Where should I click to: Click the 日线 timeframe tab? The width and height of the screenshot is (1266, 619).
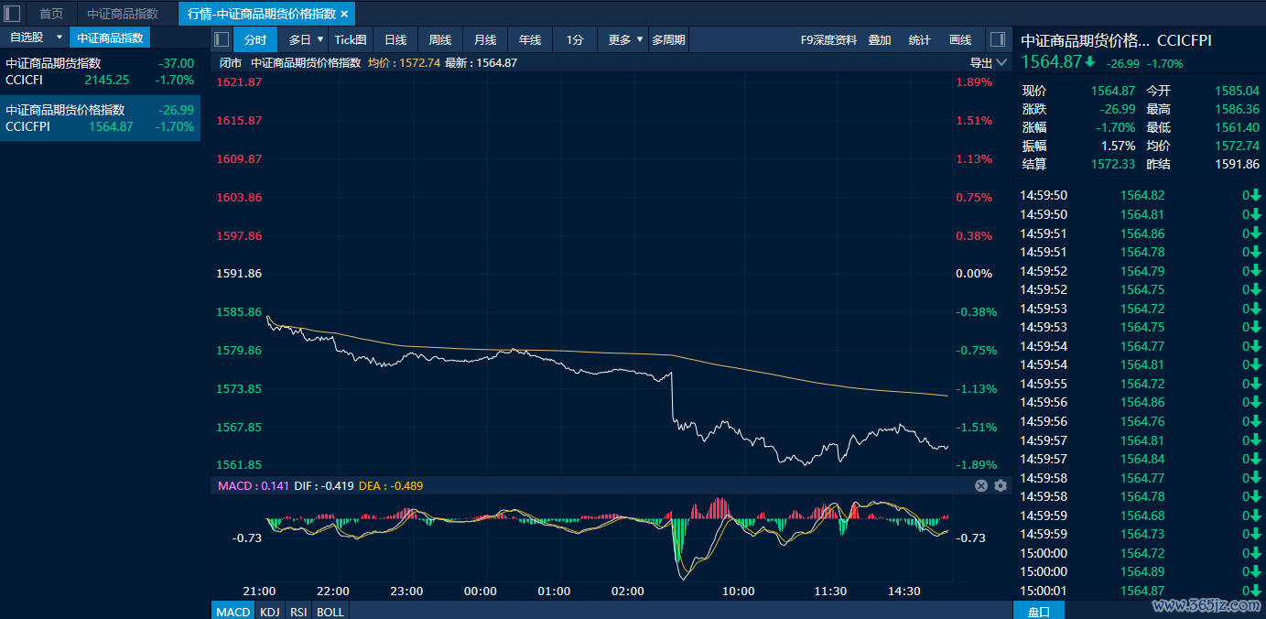click(x=395, y=39)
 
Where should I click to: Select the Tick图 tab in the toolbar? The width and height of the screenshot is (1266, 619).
click(x=351, y=39)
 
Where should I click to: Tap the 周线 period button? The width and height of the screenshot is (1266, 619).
click(x=439, y=39)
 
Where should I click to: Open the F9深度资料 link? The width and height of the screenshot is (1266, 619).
click(x=828, y=40)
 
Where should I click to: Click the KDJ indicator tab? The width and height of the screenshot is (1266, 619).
click(x=270, y=612)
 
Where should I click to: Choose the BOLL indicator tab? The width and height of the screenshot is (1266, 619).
click(x=330, y=612)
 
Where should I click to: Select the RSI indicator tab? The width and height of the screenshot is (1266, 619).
click(x=298, y=612)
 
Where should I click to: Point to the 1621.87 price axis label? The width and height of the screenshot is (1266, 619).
click(x=239, y=82)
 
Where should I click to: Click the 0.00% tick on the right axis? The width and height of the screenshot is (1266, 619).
click(x=974, y=274)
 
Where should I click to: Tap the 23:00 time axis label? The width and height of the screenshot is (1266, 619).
click(x=406, y=592)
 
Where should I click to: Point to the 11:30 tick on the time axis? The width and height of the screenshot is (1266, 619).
click(x=830, y=592)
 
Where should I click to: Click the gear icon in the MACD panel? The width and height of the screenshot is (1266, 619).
click(x=1001, y=485)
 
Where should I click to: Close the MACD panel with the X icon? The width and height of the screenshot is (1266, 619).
click(x=981, y=485)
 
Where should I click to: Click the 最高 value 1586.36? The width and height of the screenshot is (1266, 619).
click(x=1237, y=109)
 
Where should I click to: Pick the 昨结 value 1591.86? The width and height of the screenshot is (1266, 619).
click(x=1237, y=164)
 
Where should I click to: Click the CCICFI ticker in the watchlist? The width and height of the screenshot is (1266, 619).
click(x=25, y=80)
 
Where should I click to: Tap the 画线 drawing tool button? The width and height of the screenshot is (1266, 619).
click(x=959, y=40)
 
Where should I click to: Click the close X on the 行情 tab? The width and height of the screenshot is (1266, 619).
click(x=344, y=14)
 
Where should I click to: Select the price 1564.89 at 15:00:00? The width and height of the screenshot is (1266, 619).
click(x=1142, y=571)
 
